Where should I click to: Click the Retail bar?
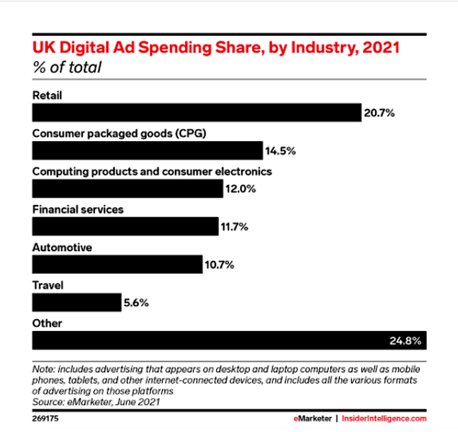tap(196, 113)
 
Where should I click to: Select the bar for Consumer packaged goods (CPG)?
tap(146, 150)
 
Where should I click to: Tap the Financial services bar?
tap(124, 226)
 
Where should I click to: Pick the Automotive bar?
tap(116, 264)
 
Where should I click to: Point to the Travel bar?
tap(76, 302)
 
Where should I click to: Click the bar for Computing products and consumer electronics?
tap(127, 189)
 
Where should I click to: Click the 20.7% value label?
tap(380, 113)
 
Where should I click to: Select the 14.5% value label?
tap(280, 150)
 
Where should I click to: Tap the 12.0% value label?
tap(240, 189)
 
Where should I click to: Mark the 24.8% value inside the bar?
tap(405, 340)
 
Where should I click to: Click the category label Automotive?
tap(62, 248)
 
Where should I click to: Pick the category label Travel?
tap(48, 285)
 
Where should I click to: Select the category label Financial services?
tap(77, 209)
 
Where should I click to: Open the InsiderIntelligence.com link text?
tap(384, 419)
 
